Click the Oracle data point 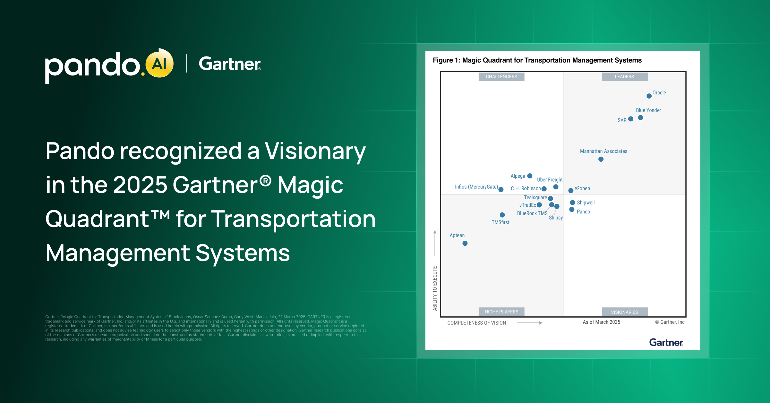649,96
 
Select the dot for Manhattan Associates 601,159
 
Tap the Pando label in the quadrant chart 583,212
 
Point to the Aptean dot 465,243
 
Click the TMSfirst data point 502,215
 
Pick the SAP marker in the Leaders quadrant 630,119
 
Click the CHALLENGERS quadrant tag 501,77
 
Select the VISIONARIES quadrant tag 624,312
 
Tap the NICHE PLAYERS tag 501,312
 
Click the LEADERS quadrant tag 624,77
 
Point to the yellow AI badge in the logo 159,64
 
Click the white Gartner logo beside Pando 230,64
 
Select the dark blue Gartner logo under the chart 666,342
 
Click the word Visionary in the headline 315,151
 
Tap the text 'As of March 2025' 601,322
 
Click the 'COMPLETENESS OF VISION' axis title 476,323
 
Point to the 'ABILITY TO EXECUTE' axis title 435,288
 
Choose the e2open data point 571,191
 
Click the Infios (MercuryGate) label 476,187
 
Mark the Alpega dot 530,176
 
